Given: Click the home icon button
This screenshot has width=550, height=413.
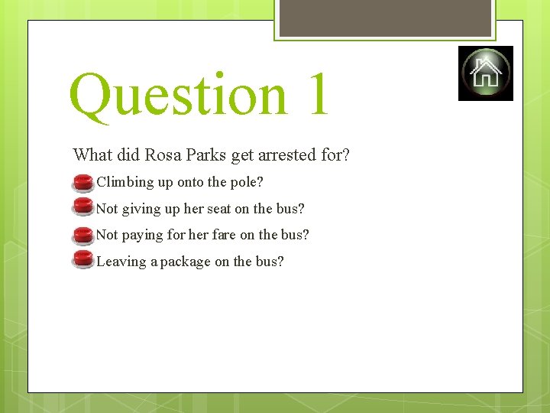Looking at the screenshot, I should pyautogui.click(x=486, y=73).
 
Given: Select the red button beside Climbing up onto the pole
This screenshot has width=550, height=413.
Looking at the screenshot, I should pyautogui.click(x=82, y=183).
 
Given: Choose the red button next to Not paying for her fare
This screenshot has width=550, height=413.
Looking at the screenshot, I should pyautogui.click(x=82, y=235).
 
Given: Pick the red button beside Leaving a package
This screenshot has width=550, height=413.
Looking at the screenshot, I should pyautogui.click(x=82, y=261).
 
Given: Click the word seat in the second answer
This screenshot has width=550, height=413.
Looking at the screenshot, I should pyautogui.click(x=218, y=209).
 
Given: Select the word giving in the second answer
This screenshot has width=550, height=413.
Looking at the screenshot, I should pyautogui.click(x=141, y=210).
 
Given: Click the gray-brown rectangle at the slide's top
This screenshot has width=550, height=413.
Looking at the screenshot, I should pyautogui.click(x=385, y=17).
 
